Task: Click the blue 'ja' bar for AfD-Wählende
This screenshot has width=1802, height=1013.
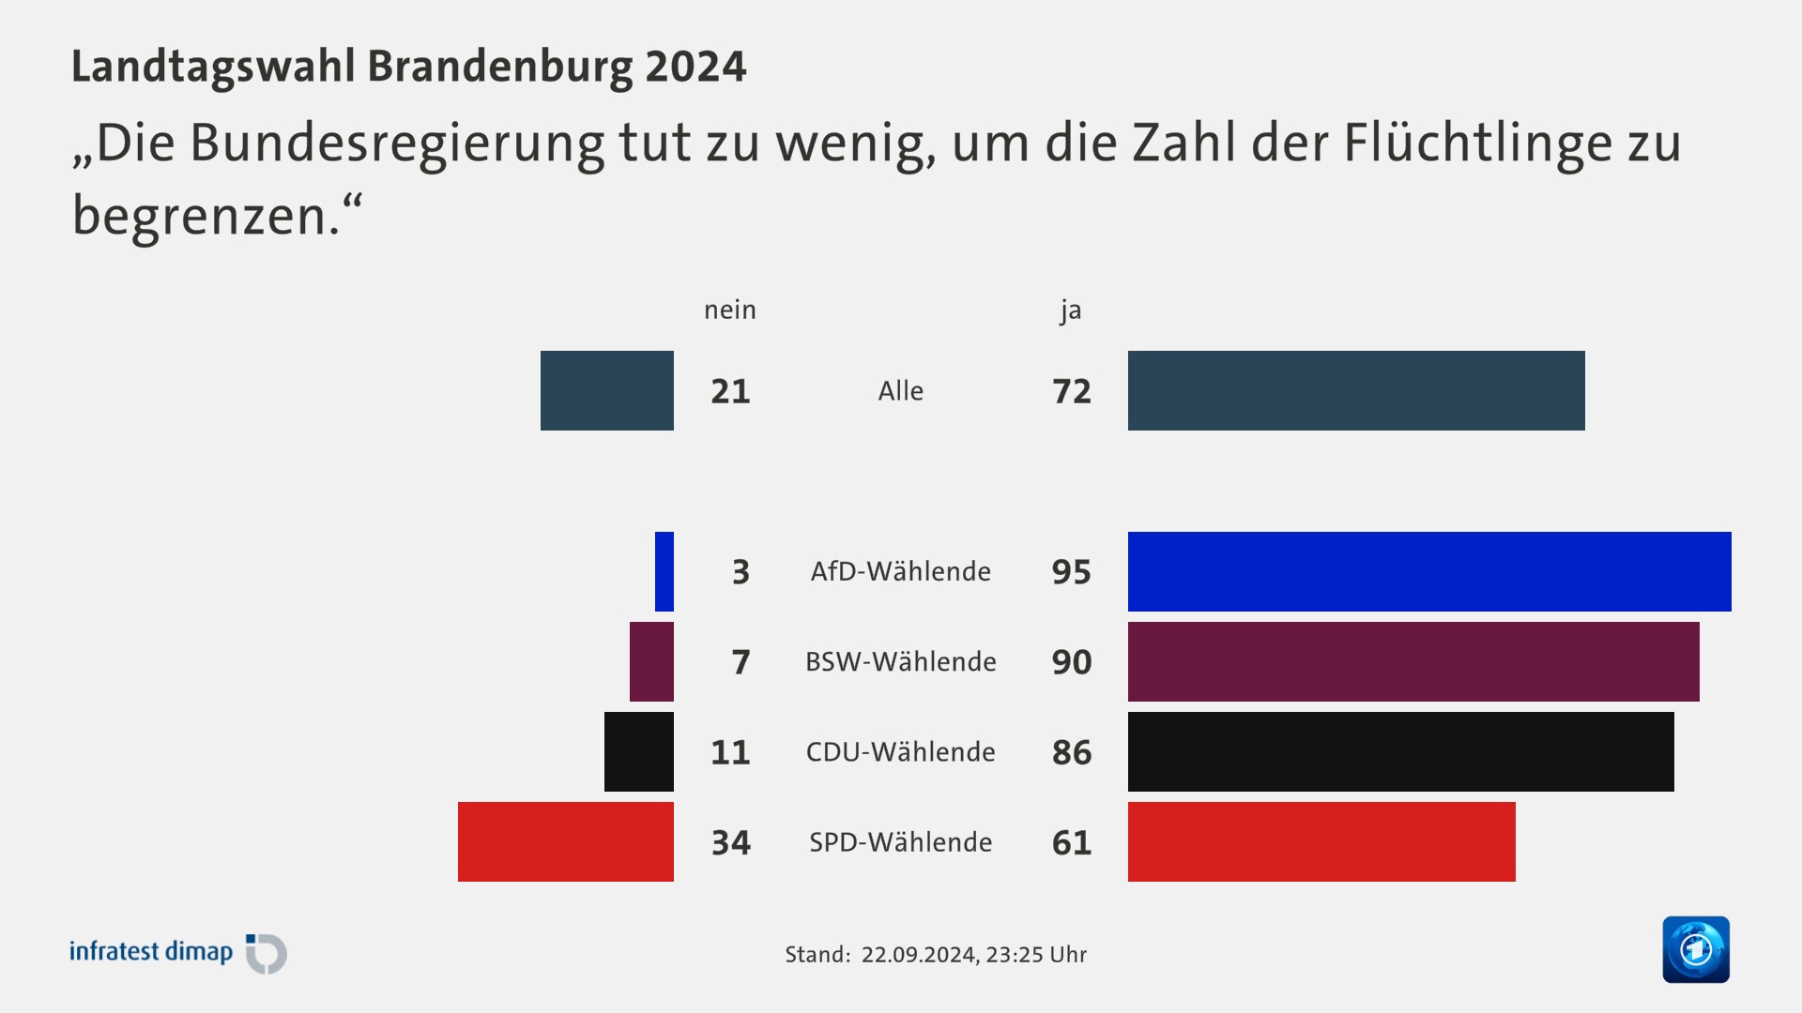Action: tap(1428, 571)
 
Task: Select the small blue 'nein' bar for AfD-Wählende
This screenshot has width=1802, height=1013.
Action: tap(664, 571)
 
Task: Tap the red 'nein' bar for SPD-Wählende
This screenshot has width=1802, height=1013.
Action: tap(565, 841)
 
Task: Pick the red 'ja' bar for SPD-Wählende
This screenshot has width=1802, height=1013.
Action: tap(1321, 841)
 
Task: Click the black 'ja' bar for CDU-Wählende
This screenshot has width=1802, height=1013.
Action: tap(1400, 751)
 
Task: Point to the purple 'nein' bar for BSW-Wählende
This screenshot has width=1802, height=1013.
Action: tap(651, 661)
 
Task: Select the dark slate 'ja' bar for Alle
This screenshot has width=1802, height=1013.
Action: tap(1356, 390)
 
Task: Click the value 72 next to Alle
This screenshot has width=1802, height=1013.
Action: tap(1071, 391)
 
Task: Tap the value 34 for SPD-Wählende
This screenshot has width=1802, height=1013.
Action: tap(730, 842)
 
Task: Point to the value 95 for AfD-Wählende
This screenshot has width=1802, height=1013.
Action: tap(1071, 572)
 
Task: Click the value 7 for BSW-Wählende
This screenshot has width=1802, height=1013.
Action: tap(741, 662)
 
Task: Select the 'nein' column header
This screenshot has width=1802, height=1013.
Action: tap(729, 310)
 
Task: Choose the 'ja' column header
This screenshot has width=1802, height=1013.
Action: tap(1070, 310)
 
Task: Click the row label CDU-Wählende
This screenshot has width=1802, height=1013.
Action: tap(900, 751)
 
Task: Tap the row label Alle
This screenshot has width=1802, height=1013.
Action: tap(900, 391)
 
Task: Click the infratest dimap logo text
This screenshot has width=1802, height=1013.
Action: tap(151, 951)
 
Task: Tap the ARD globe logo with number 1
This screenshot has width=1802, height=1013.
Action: tap(1695, 949)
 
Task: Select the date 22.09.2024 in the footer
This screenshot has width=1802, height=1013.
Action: tap(918, 955)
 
